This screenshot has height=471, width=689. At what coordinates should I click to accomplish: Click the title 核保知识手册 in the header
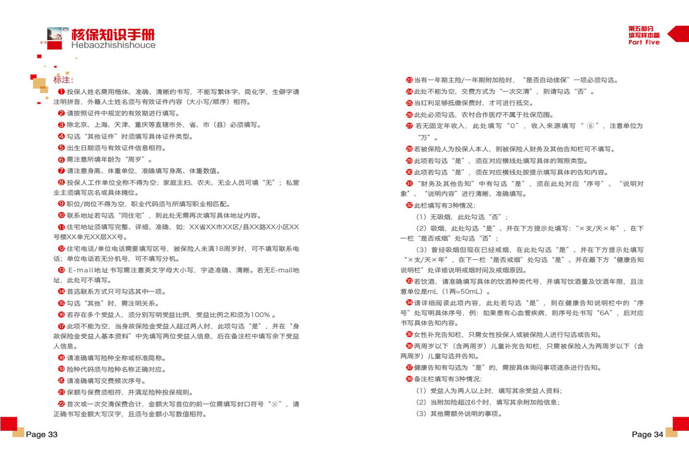pos(113,34)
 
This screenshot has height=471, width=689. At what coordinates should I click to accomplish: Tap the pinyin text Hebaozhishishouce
pos(113,45)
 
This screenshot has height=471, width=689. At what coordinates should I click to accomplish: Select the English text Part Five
pos(643,42)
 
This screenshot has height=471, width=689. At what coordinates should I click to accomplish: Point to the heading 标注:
pos(63,80)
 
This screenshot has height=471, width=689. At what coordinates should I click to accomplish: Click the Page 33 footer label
pos(41,435)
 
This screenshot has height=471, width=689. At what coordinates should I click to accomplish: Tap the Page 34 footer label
pos(647,435)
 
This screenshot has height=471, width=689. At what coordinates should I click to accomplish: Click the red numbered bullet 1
pos(62,92)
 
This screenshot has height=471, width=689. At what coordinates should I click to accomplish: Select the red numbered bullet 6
pos(62,159)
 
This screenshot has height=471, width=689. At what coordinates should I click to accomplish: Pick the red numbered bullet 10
pos(62,215)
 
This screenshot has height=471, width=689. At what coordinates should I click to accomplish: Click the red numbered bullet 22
pos(62,404)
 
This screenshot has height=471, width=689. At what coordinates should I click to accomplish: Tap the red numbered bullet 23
pos(409,80)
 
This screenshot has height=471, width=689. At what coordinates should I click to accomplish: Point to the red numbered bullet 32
pos(409,205)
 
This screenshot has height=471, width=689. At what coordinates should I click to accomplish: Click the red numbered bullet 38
pos(409,379)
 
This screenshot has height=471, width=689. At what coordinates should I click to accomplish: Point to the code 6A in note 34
pos(605,313)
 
